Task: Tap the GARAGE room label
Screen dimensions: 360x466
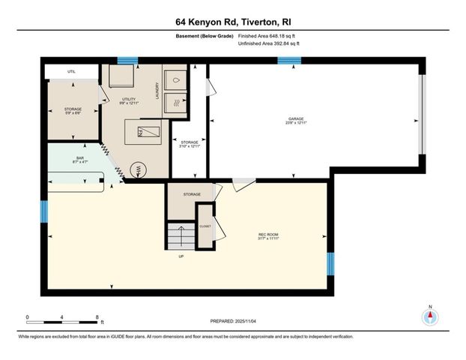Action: click(x=297, y=118)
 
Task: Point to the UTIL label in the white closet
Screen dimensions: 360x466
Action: click(x=71, y=71)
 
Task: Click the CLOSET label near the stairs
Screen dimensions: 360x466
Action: click(x=205, y=226)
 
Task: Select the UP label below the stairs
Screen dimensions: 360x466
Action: click(x=181, y=256)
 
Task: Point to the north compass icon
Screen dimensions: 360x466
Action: click(x=429, y=316)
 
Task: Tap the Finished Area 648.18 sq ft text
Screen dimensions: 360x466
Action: click(x=267, y=36)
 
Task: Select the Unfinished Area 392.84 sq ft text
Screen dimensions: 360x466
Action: click(x=269, y=44)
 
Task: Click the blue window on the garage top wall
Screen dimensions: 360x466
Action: click(x=288, y=61)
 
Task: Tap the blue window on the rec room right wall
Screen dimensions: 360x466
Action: click(x=330, y=263)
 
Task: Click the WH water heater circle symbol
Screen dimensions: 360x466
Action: click(x=136, y=169)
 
